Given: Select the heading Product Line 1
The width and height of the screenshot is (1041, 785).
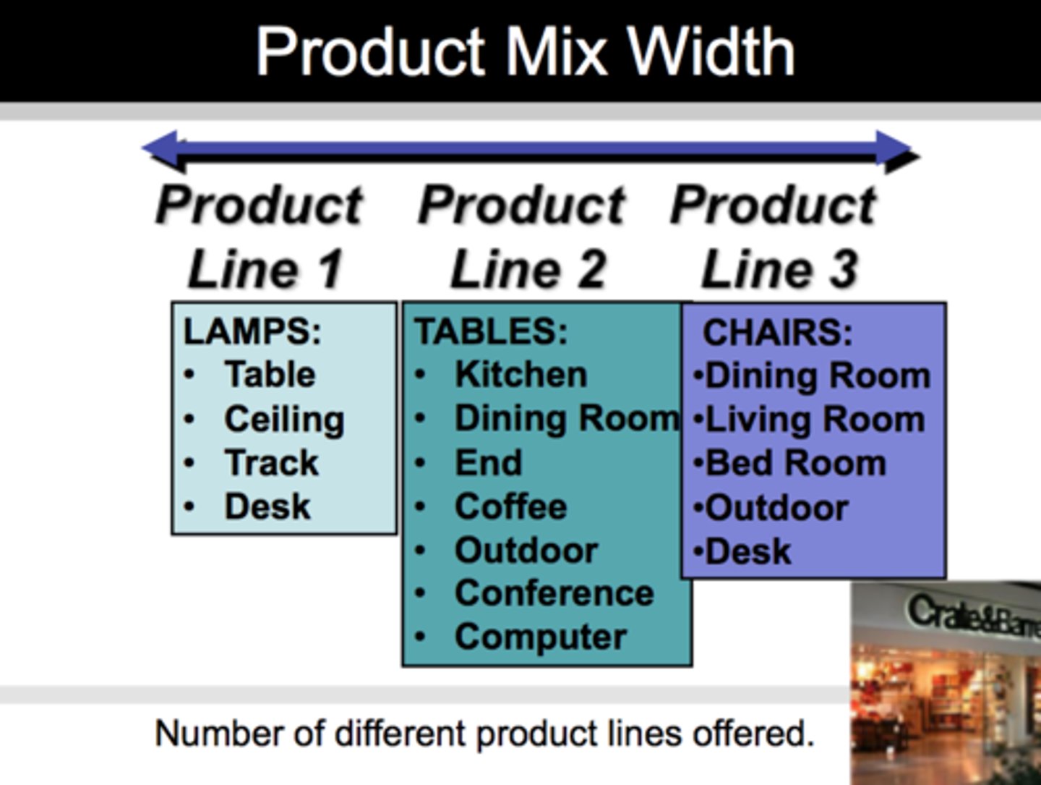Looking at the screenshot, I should pos(260,237).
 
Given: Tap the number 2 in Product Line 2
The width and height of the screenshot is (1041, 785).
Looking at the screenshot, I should pos(591,269).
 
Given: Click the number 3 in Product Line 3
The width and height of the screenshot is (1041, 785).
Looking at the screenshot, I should pos(843,269).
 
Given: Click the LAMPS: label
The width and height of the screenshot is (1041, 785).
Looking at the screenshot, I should pos(252,332).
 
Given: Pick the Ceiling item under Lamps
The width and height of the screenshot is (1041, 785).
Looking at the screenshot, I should pos(284,420).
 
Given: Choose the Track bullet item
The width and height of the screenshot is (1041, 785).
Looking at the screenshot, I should pos(271,463).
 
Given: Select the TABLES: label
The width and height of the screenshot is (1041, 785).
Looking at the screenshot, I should pos(491,332).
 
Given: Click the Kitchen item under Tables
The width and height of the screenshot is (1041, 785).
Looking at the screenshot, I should pos(520,375).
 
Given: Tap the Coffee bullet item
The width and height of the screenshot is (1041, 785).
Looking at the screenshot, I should pos(510,506).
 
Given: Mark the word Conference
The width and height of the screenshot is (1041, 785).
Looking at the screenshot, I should pos(554,593).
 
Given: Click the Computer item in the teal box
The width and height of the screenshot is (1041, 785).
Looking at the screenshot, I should pos(540,637).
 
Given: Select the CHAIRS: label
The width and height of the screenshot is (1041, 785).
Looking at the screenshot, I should pos(777,334).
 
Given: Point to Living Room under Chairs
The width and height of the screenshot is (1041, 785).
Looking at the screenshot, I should pos(815,420).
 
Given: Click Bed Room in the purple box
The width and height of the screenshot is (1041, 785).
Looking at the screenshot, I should pos(795,464).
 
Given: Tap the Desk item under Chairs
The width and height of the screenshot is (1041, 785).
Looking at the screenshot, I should pos(747,552).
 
